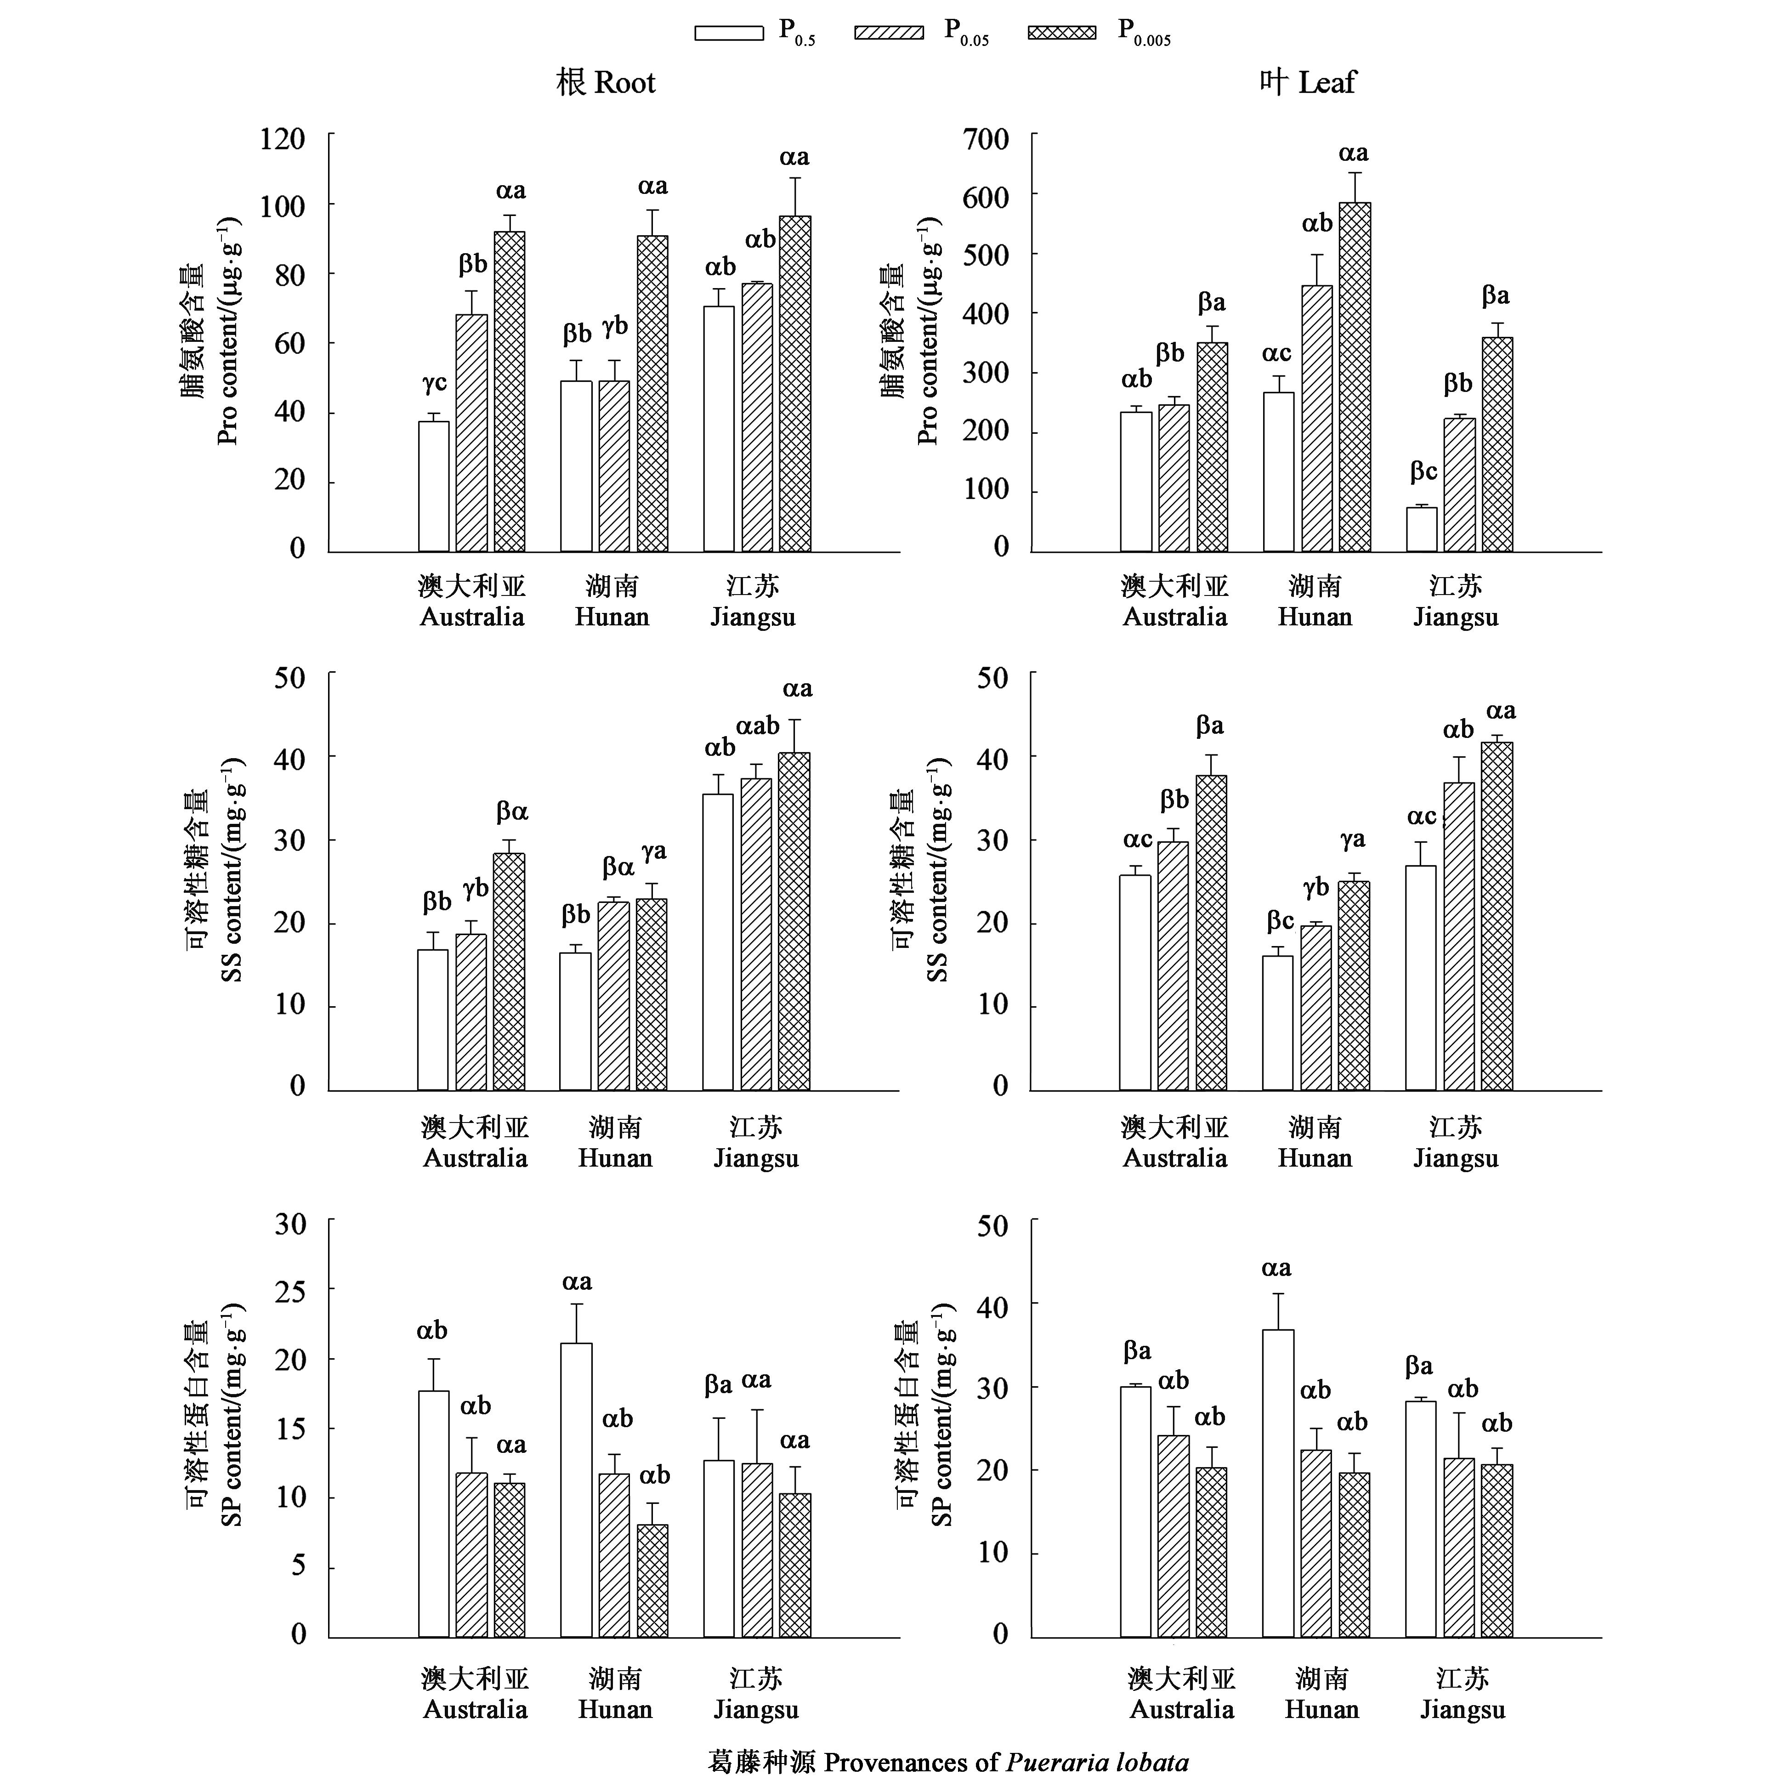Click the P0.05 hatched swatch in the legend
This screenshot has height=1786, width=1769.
[x=889, y=32]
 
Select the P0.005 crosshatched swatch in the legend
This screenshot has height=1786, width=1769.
[x=1062, y=32]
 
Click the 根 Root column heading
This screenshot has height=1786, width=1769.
[x=606, y=83]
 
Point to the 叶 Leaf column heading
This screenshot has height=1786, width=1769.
[x=1307, y=83]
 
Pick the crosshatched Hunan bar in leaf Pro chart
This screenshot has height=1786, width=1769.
[x=1355, y=377]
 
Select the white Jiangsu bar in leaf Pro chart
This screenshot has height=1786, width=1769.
[x=1422, y=530]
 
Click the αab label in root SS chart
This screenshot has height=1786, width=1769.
[x=758, y=726]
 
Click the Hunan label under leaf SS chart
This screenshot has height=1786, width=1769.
[x=1314, y=1158]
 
